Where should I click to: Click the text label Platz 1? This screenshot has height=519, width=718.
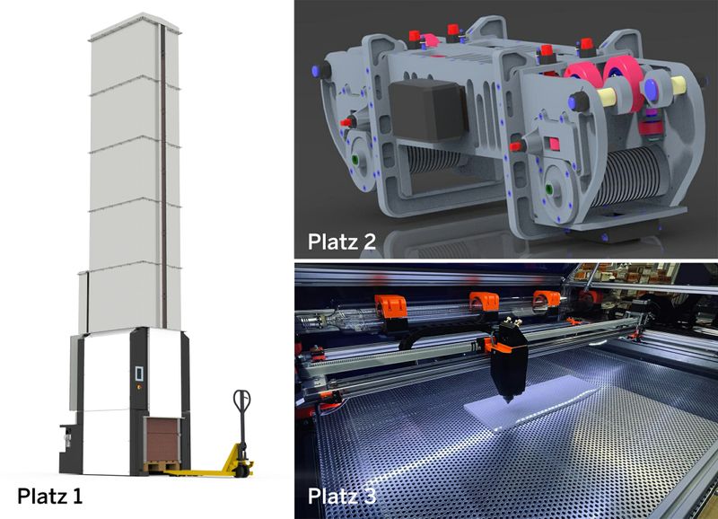pos(50,496)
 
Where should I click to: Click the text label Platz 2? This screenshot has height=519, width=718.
pos(342,242)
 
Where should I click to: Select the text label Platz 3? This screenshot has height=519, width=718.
pos(342,496)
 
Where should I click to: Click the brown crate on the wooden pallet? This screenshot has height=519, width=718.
pos(162,441)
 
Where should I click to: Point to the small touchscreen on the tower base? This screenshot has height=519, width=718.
pos(139,374)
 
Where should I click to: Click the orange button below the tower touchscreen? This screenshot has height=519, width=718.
pos(139,387)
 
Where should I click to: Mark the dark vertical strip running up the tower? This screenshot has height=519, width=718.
pos(163,174)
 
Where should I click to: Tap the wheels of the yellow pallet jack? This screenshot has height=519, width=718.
pos(244,470)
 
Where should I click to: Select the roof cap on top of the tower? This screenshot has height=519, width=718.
pos(136,27)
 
